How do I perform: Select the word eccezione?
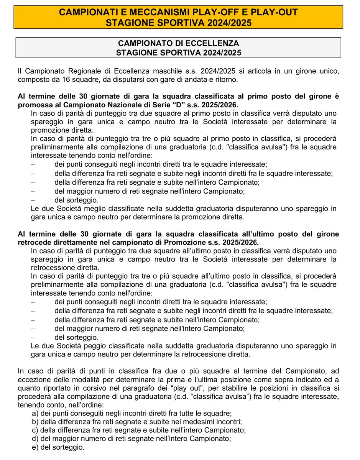(x=33, y=380)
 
